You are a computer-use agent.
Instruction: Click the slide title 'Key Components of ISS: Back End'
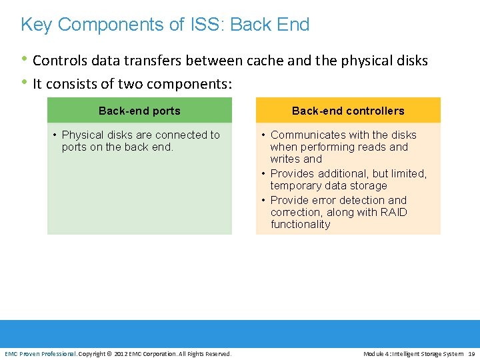(165, 25)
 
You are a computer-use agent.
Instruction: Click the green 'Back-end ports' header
(139, 111)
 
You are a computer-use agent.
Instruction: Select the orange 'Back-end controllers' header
(348, 111)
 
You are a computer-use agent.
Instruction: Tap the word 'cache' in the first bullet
(265, 61)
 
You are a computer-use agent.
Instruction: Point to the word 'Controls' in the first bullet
(57, 61)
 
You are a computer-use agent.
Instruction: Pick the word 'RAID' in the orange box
(393, 213)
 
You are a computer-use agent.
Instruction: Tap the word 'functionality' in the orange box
(300, 225)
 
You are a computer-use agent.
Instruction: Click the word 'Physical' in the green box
(82, 135)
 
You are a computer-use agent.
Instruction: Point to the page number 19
(472, 353)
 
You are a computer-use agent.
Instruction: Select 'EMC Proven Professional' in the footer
(40, 353)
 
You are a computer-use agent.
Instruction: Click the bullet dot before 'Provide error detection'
(264, 201)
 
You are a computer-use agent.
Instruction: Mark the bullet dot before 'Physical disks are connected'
(55, 135)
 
